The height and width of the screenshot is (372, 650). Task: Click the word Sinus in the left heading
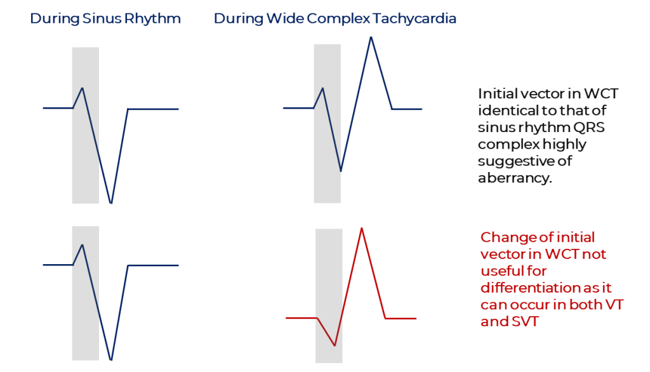[101, 18]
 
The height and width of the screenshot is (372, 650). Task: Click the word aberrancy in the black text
[513, 178]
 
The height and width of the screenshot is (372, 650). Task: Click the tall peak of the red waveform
[361, 228]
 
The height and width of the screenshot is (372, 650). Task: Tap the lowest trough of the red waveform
[335, 345]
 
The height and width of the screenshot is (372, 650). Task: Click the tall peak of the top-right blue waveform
[371, 37]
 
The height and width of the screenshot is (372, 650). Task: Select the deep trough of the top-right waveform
[341, 171]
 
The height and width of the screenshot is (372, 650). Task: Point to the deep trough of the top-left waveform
[111, 203]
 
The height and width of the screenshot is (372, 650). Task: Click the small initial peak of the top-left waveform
[83, 88]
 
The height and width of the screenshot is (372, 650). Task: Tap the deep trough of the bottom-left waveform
[111, 359]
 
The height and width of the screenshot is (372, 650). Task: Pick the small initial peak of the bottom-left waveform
[83, 244]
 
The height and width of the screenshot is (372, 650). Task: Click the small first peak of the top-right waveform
[324, 88]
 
